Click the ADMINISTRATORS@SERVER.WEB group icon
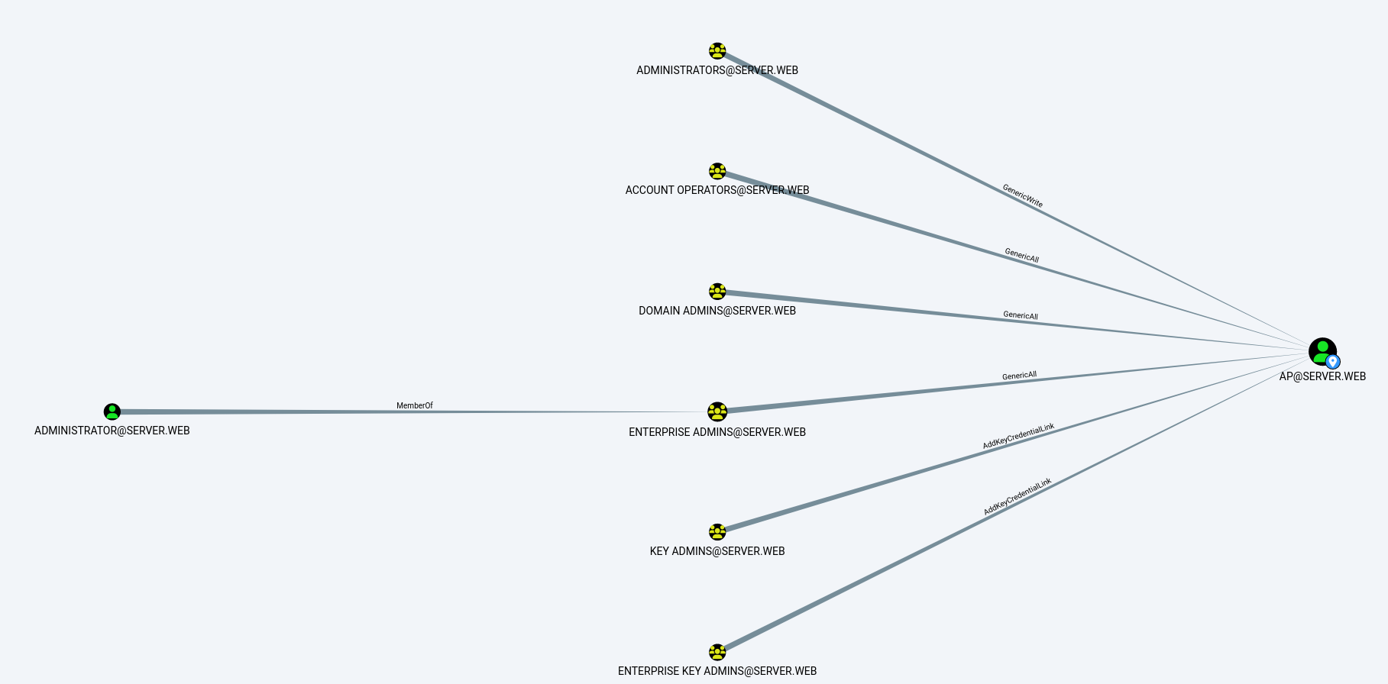coord(717,51)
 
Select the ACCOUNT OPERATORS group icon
coord(717,171)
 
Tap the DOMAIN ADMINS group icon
coord(717,292)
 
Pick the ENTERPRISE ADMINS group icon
coord(717,412)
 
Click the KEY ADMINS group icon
coord(717,532)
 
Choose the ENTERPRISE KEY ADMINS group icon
coord(717,652)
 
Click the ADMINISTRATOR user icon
coord(112,412)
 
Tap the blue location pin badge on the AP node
coord(1333,362)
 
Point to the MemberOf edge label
coord(415,405)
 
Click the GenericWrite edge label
coord(1023,195)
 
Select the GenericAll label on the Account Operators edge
coord(1022,255)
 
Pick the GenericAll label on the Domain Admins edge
coord(1021,315)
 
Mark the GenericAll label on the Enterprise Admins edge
coord(1020,376)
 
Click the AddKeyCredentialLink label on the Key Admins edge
coord(1018,436)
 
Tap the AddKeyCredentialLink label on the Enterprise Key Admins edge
coord(1018,496)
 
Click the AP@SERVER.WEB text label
coord(1322,376)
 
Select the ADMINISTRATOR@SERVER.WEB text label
coord(112,431)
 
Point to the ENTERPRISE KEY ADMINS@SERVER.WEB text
coord(717,671)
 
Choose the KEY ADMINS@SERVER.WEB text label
coord(717,551)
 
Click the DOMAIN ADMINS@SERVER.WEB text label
coord(717,311)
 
